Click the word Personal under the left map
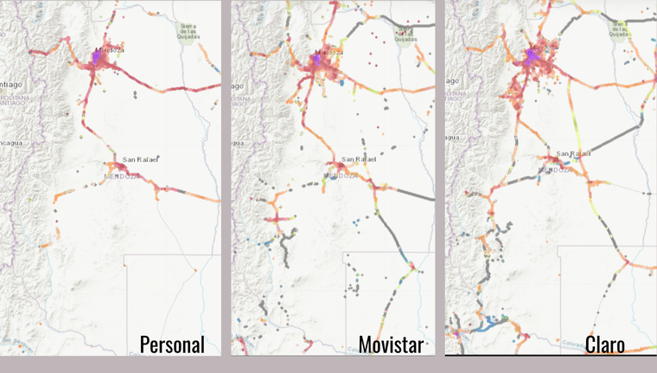tap(172, 344)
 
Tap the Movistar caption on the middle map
tap(391, 344)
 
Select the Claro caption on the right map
tap(604, 344)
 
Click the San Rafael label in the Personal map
tap(141, 159)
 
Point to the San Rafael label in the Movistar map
tap(360, 159)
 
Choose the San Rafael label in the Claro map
tap(573, 153)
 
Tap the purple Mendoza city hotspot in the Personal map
tap(96, 57)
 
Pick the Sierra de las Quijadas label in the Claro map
tap(619, 28)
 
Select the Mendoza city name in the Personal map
tap(111, 49)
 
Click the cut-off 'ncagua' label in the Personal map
tap(11, 142)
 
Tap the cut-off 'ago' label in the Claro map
tap(450, 77)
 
